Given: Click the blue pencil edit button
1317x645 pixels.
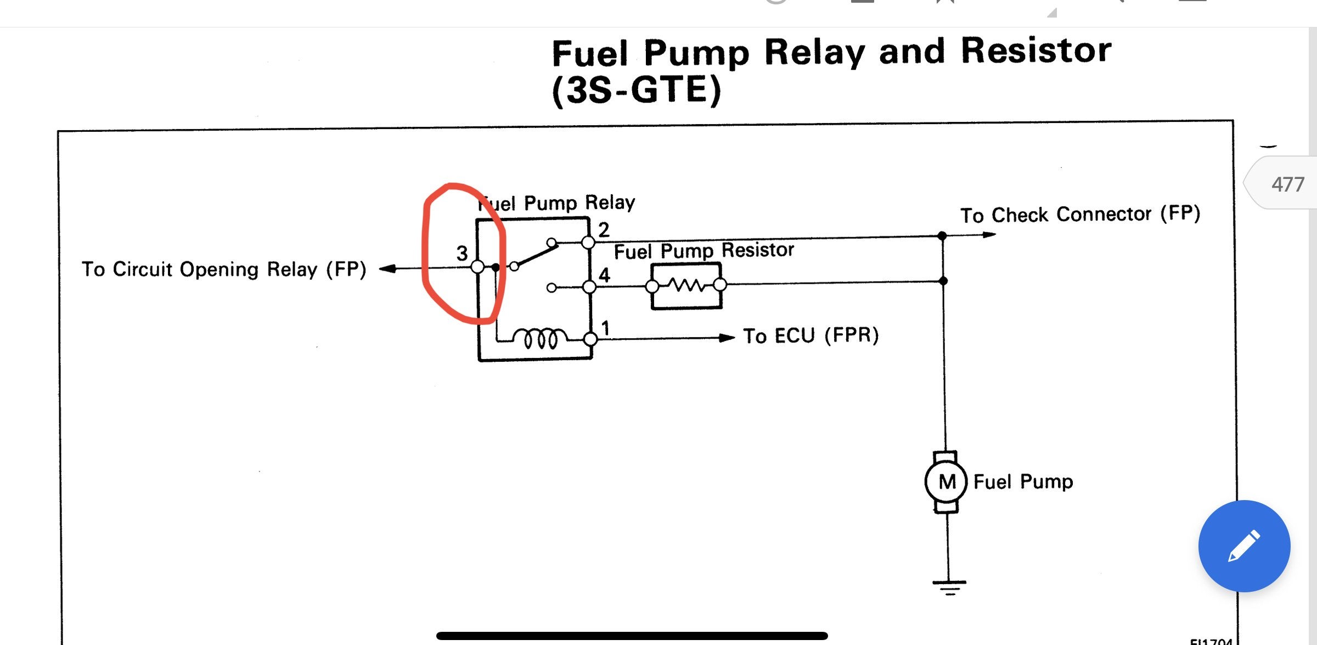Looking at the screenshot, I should (1244, 546).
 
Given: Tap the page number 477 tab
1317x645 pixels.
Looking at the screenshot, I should (1287, 184).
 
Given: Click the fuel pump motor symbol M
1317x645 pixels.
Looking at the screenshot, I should (947, 482).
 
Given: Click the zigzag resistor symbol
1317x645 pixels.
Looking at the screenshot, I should (685, 285).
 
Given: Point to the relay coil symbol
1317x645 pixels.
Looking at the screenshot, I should (541, 338).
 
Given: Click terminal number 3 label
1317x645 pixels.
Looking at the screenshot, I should (462, 253).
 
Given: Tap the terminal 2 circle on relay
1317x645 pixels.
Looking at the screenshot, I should (588, 242).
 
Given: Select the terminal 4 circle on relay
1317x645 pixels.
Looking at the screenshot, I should (589, 287).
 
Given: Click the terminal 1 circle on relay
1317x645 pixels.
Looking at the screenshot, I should (590, 339).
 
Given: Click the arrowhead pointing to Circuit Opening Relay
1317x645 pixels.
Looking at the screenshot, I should (387, 268).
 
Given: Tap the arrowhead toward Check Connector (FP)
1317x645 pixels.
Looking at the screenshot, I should (989, 234).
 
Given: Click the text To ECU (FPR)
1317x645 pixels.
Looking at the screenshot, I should (811, 335).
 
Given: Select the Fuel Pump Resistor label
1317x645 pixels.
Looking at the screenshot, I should (703, 250).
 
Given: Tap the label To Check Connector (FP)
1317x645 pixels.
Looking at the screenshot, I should (1079, 214).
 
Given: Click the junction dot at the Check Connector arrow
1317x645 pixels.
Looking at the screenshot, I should (942, 235).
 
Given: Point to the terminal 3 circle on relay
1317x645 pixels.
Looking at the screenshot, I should (477, 267).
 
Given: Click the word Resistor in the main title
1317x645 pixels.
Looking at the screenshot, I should (1035, 51).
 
